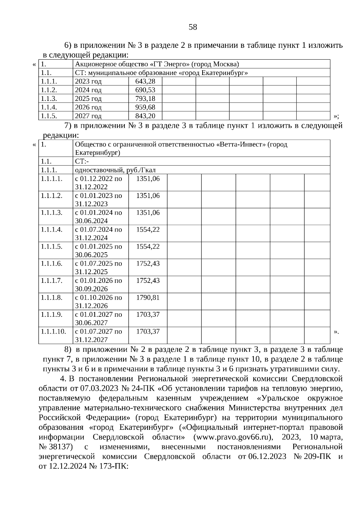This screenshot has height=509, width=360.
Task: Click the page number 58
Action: point(193,27)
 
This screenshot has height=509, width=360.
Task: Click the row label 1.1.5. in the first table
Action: point(49,116)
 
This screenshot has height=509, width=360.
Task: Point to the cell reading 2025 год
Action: point(88,99)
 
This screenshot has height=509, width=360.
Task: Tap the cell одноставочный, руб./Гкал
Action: point(115,170)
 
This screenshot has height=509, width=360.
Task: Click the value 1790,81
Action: point(148,298)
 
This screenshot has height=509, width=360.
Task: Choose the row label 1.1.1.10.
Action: point(53,331)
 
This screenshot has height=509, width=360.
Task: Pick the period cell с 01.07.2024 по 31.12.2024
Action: point(98,234)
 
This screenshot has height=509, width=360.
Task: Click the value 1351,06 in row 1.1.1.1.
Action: point(148,179)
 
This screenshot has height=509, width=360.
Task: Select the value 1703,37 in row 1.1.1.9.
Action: point(148,315)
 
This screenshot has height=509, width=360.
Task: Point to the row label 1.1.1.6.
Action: point(52,264)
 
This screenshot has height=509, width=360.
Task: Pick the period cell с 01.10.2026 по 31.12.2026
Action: point(98,302)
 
